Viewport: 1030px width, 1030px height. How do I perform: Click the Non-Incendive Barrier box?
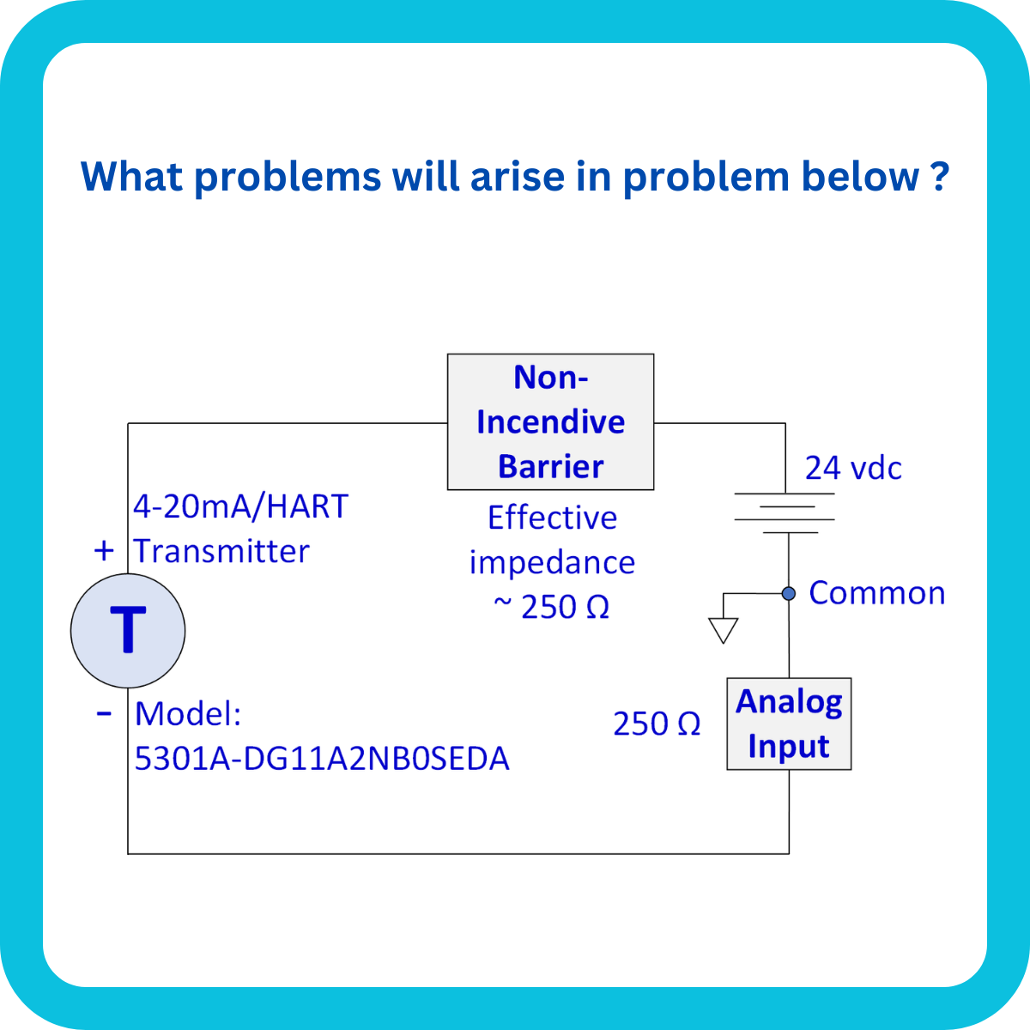550,421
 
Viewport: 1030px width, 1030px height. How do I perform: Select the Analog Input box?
789,724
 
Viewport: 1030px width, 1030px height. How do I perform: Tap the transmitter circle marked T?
128,631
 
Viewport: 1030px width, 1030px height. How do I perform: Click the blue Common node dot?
789,593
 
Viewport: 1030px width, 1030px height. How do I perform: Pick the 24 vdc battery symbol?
785,513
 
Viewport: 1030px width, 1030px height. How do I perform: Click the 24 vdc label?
853,469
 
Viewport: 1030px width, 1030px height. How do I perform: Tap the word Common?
876,593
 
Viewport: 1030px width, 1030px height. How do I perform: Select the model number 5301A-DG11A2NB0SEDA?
322,759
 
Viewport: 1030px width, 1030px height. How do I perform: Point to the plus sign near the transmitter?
104,550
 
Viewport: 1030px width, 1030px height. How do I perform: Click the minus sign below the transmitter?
104,713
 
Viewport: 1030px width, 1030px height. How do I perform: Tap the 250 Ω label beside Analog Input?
657,724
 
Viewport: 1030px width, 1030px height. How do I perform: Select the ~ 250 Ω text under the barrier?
551,607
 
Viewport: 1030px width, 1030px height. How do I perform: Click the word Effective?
552,518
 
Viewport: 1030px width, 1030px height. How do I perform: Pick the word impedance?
552,563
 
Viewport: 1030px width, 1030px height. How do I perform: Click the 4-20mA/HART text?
240,506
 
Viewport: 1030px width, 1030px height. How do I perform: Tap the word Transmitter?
221,551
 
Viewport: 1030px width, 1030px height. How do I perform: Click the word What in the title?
131,176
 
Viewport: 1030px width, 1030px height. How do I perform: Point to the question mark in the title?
939,176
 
